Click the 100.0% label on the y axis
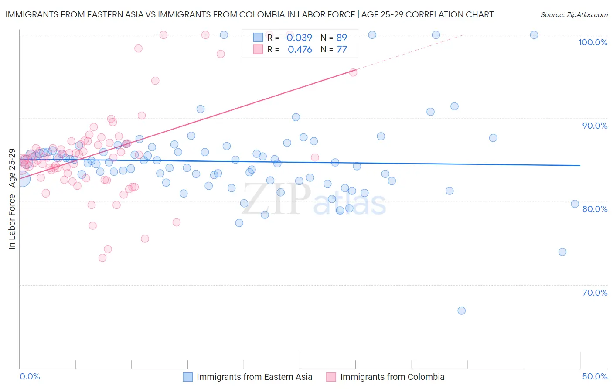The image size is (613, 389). point(593,42)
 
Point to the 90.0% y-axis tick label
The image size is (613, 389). point(595,126)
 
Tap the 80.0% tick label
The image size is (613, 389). point(595,209)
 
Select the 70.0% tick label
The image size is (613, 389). point(595,293)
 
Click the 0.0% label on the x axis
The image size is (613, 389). point(30,376)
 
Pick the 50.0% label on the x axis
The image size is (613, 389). point(595,376)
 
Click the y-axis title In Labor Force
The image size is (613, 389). point(12,199)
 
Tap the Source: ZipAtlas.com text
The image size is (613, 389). point(574,15)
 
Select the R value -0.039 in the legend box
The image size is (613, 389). point(297,38)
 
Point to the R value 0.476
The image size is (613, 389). point(300,50)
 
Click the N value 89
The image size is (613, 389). point(342,38)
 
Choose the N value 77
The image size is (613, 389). point(342,50)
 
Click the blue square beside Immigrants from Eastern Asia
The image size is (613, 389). point(188,377)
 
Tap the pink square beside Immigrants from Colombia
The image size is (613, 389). point(331,377)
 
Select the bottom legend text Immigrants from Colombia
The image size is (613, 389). point(392,377)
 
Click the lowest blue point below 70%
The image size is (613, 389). point(462,311)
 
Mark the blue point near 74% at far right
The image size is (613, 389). point(562,252)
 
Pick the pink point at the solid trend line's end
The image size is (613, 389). point(353,72)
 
